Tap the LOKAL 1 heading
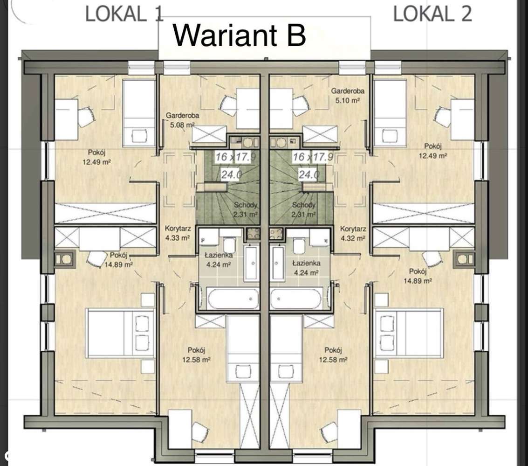(x=124, y=14)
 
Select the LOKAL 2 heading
(x=433, y=14)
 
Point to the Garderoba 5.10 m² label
(x=348, y=95)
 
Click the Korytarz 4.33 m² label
(x=178, y=233)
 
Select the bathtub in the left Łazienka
(x=233, y=298)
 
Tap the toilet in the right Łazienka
(x=299, y=245)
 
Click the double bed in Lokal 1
(x=121, y=333)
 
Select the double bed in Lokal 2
(x=408, y=332)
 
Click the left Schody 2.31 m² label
(x=246, y=209)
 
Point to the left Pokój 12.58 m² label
(x=197, y=355)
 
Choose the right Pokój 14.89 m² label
(x=418, y=276)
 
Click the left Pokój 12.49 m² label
(x=97, y=157)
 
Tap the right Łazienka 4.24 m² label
(x=306, y=268)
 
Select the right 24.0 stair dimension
(x=309, y=174)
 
